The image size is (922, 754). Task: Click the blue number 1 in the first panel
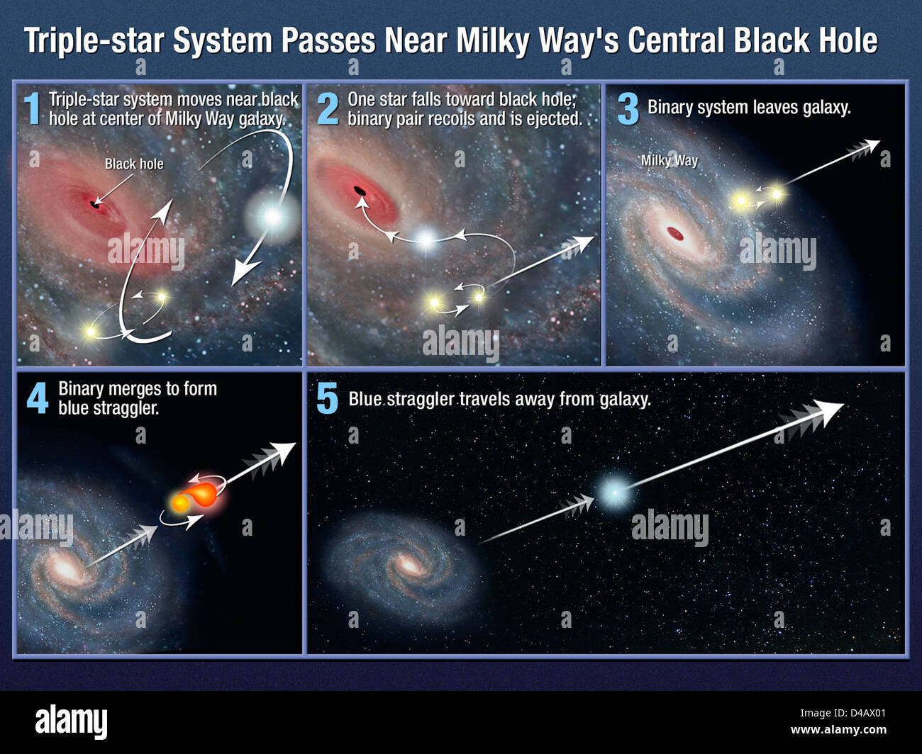pyautogui.click(x=32, y=108)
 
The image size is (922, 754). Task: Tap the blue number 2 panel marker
pyautogui.click(x=328, y=108)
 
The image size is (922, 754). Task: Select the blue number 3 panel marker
pyautogui.click(x=628, y=108)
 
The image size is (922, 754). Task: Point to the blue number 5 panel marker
pyautogui.click(x=327, y=398)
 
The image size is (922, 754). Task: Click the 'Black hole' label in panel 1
pyautogui.click(x=134, y=164)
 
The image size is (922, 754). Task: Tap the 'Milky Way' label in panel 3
pyautogui.click(x=669, y=160)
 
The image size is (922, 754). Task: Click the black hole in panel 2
pyautogui.click(x=360, y=190)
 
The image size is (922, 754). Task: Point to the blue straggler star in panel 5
pyautogui.click(x=611, y=491)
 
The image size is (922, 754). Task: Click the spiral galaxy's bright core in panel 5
pyautogui.click(x=409, y=565)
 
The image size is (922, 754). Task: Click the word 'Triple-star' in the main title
pyautogui.click(x=96, y=41)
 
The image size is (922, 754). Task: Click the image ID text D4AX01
pyautogui.click(x=859, y=714)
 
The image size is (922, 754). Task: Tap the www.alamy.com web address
pyautogui.click(x=838, y=731)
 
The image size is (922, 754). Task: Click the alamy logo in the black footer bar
pyautogui.click(x=72, y=721)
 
